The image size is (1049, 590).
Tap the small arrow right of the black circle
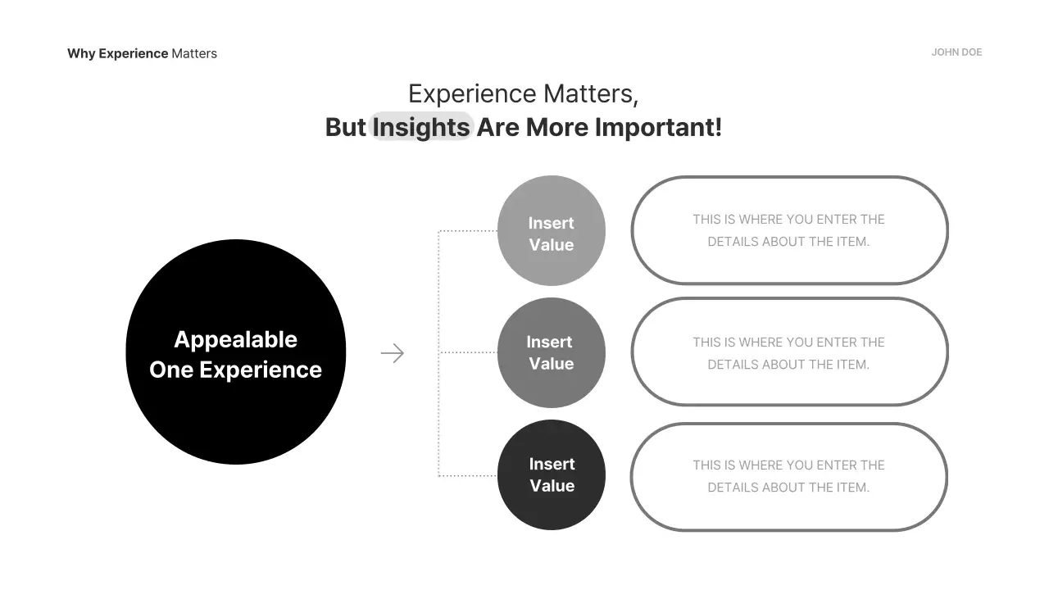tap(393, 353)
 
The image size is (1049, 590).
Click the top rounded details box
tap(789, 231)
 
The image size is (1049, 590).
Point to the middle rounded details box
tap(789, 352)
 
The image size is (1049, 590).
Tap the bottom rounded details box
tap(789, 477)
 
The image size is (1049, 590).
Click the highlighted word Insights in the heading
tap(421, 127)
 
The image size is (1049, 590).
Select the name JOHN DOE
tap(956, 52)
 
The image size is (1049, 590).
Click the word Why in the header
tap(81, 54)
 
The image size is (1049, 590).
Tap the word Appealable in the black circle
tap(236, 339)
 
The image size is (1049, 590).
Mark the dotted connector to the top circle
tap(467, 231)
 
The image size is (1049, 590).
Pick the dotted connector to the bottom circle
tap(467, 475)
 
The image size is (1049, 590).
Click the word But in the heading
tap(345, 127)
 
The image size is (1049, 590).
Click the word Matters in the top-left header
tap(194, 54)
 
